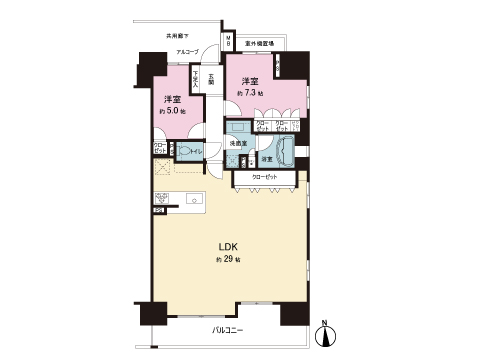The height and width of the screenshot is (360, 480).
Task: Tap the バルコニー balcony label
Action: (229, 328)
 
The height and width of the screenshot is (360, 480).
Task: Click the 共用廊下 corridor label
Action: (179, 37)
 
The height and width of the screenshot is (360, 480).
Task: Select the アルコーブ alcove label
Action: (187, 51)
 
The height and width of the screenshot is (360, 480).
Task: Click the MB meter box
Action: (227, 44)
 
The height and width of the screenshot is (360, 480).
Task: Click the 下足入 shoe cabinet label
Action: (196, 76)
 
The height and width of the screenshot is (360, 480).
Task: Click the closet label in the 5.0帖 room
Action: (159, 149)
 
